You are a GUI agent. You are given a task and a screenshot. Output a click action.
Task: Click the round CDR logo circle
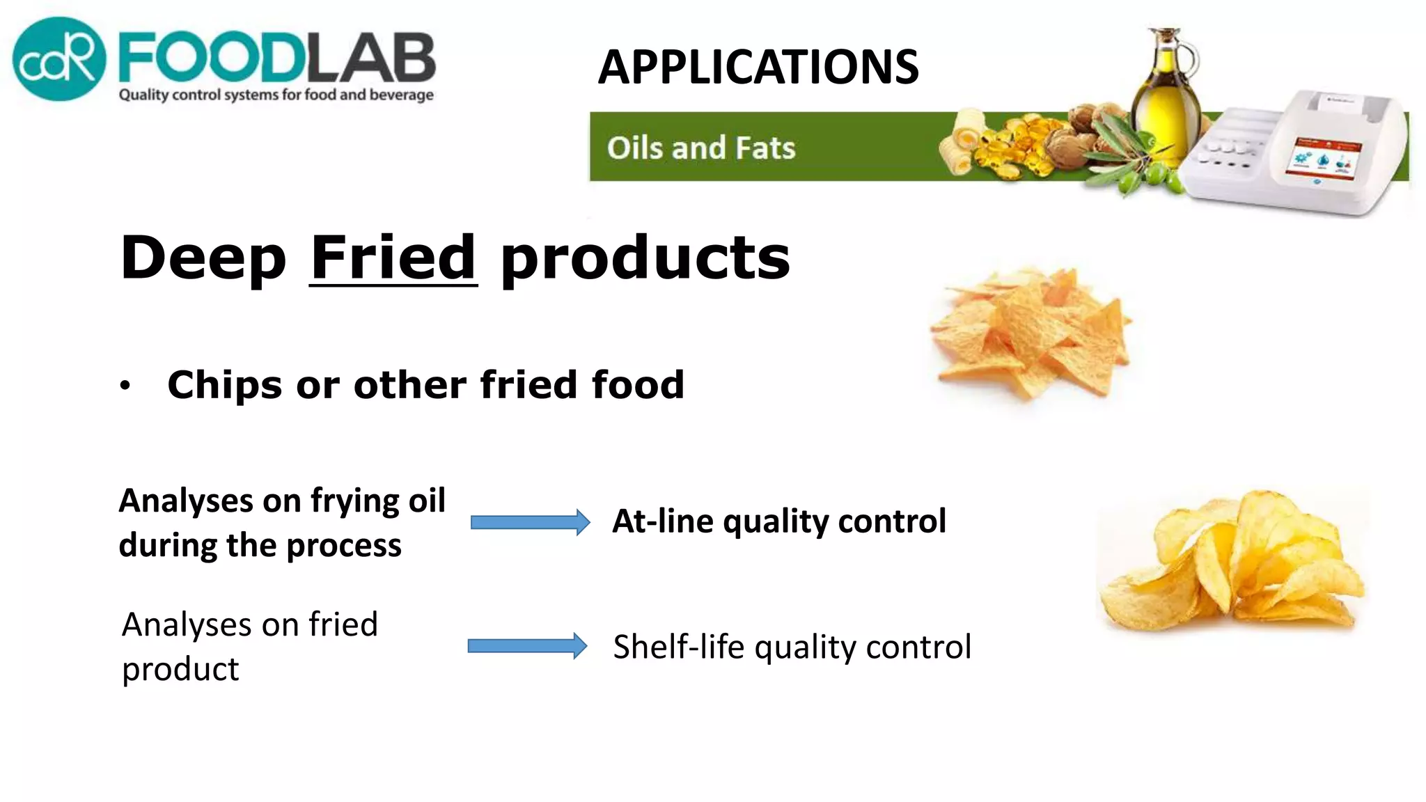pyautogui.click(x=59, y=59)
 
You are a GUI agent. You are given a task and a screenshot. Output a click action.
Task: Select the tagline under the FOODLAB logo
pyautogui.click(x=276, y=95)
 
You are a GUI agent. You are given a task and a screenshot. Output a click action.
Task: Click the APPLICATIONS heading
pyautogui.click(x=758, y=68)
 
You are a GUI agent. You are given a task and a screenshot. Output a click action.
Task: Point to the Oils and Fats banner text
pyautogui.click(x=700, y=148)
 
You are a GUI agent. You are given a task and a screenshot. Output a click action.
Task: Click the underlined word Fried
pyautogui.click(x=393, y=258)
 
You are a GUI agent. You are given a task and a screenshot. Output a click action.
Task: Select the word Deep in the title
pyautogui.click(x=203, y=258)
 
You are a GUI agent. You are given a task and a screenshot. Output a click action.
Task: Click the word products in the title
pyautogui.click(x=645, y=259)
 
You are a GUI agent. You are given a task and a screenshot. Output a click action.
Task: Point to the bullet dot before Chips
pyautogui.click(x=125, y=386)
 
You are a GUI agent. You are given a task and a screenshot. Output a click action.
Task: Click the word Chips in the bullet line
pyautogui.click(x=225, y=385)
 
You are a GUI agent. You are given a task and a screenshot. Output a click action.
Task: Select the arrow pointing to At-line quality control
pyautogui.click(x=530, y=522)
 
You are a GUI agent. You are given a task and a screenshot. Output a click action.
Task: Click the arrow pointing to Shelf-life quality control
pyautogui.click(x=527, y=646)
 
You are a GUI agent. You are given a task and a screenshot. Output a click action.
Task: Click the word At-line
pyautogui.click(x=661, y=521)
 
